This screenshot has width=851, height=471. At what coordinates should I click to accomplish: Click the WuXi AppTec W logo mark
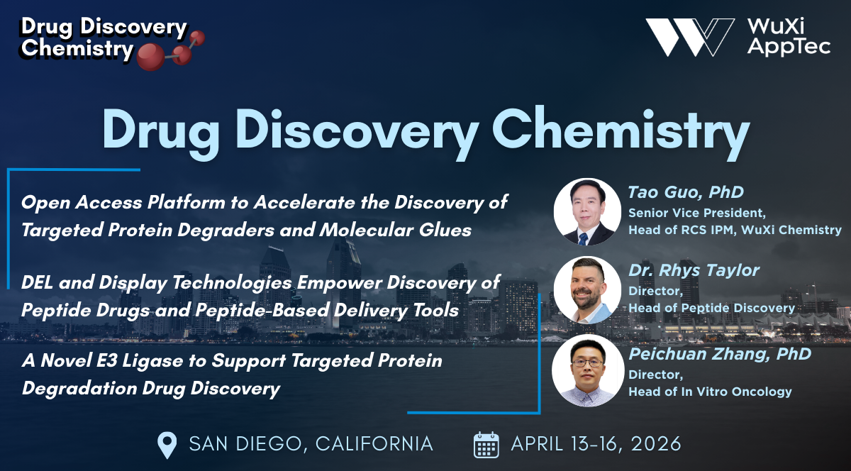[689, 38]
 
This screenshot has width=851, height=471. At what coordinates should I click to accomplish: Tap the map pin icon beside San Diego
[167, 445]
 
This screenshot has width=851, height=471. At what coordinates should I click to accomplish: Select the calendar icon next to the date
[486, 445]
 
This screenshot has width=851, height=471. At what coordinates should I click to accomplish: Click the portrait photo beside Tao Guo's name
[587, 212]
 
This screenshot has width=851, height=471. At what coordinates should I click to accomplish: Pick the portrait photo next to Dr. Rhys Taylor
[587, 290]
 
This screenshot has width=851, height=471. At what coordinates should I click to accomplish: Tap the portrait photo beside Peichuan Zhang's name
[588, 370]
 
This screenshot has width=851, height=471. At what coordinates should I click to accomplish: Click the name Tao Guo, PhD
[686, 192]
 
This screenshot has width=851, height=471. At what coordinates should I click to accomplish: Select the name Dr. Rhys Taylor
[694, 271]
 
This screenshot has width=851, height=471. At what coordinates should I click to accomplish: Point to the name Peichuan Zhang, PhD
[720, 354]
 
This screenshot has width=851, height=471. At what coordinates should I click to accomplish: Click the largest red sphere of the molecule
[151, 57]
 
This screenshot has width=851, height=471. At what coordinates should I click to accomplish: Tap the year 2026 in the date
[656, 444]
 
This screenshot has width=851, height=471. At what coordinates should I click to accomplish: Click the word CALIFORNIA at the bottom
[374, 444]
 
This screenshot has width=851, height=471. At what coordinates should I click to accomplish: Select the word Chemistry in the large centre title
[621, 131]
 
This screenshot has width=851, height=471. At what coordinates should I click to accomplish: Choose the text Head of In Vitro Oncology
[710, 392]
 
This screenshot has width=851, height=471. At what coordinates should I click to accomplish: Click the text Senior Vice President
[697, 214]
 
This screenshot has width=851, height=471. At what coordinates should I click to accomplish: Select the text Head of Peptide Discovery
[711, 308]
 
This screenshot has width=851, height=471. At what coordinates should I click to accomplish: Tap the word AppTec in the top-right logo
[789, 48]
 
